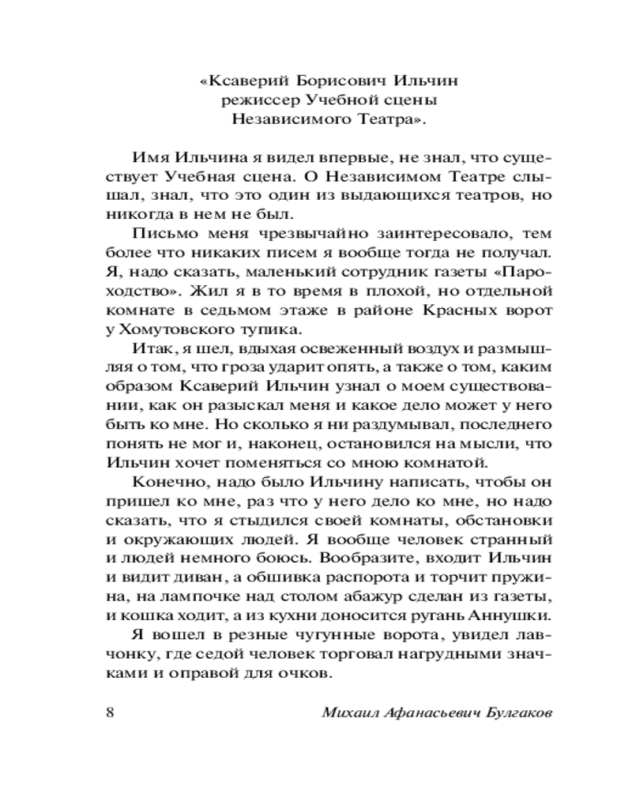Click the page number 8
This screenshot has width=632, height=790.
tap(111, 712)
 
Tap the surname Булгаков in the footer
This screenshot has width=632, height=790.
tap(510, 713)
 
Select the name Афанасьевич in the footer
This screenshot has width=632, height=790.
tap(421, 713)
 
